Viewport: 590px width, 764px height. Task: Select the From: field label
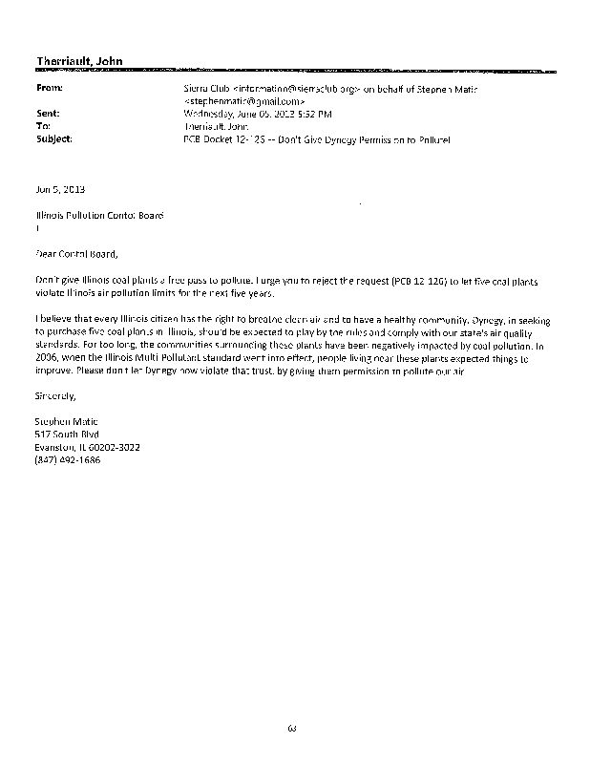(x=47, y=87)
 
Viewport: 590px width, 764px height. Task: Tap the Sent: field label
(x=45, y=114)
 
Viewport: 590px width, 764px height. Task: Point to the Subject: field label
(x=52, y=138)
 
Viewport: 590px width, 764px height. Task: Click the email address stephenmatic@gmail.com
(x=243, y=100)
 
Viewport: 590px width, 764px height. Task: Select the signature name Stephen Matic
(x=66, y=421)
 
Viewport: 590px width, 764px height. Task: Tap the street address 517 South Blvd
(x=66, y=434)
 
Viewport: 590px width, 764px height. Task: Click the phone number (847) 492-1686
(x=67, y=459)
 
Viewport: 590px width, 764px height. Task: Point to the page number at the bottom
(x=292, y=728)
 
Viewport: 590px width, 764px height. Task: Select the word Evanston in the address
(x=54, y=447)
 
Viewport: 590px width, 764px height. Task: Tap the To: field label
(x=41, y=126)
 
